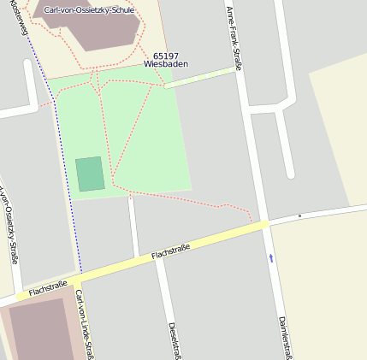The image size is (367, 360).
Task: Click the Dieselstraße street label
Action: coord(174,340)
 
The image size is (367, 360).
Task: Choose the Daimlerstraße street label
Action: coord(286,338)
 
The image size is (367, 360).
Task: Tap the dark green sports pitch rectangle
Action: coord(90,174)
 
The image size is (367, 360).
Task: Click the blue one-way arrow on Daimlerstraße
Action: coord(271,257)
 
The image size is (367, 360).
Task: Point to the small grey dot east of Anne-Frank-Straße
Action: coord(299,215)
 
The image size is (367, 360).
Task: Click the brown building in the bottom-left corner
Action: coord(38,329)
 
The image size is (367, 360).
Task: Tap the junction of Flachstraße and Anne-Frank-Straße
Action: coord(266,224)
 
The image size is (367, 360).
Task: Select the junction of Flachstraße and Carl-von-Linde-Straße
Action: coord(75,280)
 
